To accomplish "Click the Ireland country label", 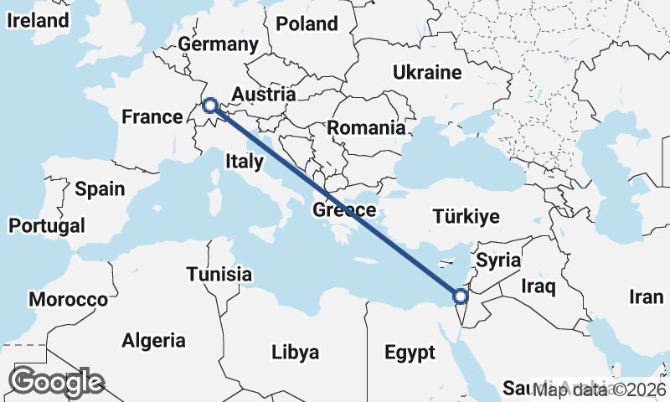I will (x=37, y=21).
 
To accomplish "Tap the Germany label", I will (x=218, y=44).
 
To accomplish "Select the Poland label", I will (x=307, y=23).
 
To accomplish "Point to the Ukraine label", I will (x=427, y=72).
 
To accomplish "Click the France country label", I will (x=152, y=116).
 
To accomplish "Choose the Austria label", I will (x=264, y=94).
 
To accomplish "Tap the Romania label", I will (x=366, y=128).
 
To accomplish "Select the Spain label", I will (x=99, y=188).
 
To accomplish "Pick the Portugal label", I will (x=47, y=225).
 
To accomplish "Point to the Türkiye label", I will (x=466, y=217).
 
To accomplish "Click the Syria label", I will (x=498, y=260).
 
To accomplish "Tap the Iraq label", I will (x=538, y=287).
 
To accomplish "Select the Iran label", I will (x=646, y=296).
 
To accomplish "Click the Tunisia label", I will (x=219, y=274).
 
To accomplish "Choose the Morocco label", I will (x=68, y=299).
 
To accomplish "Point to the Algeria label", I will (x=153, y=340).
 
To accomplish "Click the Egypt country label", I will (x=410, y=352).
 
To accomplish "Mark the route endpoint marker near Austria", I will (x=210, y=106).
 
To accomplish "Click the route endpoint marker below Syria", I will (x=460, y=296).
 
